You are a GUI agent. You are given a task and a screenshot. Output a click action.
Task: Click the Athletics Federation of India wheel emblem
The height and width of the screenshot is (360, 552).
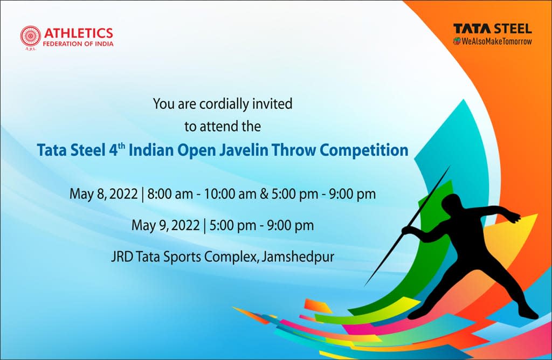coord(31,36)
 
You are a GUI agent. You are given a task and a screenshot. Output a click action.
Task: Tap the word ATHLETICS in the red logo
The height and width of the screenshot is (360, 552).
coord(79,33)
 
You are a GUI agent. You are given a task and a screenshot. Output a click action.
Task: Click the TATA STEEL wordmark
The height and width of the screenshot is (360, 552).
coord(493,29)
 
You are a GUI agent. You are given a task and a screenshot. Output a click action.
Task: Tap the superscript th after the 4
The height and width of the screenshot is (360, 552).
coord(121,146)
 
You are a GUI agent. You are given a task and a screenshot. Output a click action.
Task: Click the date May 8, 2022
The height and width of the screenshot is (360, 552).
coord(103,194)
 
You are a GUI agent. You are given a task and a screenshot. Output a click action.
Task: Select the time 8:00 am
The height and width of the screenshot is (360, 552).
coord(170,194)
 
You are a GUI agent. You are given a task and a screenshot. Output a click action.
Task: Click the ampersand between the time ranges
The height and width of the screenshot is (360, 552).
coord(264,194)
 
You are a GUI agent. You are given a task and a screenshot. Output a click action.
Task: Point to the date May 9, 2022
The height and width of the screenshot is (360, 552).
coord(165,225)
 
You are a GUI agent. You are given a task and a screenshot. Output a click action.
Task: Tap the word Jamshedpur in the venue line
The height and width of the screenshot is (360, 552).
coord(298,257)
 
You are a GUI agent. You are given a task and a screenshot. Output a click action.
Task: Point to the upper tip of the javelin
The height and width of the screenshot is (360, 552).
coord(450,166)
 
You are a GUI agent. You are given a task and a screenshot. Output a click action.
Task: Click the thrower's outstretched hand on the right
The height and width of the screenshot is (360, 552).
coord(516,218)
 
